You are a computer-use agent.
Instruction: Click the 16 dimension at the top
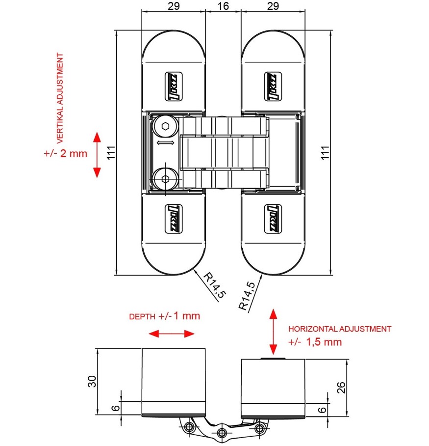[223, 6]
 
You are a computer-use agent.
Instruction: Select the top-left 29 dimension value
[173, 6]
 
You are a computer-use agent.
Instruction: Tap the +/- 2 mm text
[65, 153]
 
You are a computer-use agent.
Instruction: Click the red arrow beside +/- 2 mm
[97, 154]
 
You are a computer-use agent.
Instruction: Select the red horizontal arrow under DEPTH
[172, 334]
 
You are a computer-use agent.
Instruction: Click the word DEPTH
[142, 316]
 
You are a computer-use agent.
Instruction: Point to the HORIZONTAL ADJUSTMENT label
[340, 329]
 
